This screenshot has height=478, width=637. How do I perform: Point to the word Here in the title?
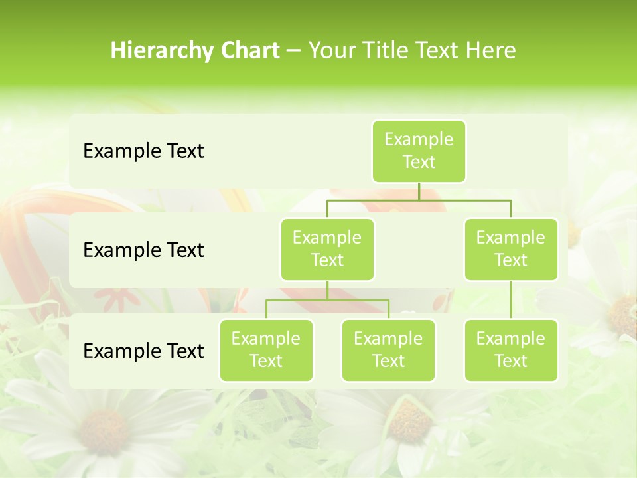coord(490,50)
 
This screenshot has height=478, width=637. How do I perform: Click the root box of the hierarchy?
coord(419,151)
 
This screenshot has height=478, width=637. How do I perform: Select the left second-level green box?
coord(327,249)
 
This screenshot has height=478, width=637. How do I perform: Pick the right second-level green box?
coord(511,249)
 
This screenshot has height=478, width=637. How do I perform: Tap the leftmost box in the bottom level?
coord(266,350)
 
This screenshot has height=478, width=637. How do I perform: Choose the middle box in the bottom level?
coord(388,350)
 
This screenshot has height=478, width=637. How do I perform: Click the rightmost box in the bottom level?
coord(511,350)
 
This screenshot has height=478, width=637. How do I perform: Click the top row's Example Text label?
coord(143,151)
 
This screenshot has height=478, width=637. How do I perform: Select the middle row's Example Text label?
coord(143,250)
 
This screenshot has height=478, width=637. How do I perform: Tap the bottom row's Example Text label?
coord(143,351)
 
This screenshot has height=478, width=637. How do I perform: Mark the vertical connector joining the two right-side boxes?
coord(511,300)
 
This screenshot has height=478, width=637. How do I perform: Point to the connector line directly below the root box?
coord(419,191)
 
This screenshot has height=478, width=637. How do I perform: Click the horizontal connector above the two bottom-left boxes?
coord(327,300)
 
